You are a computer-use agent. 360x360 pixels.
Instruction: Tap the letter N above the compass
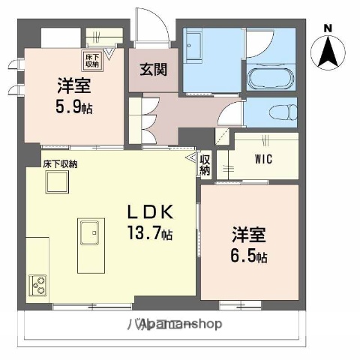tap(327, 28)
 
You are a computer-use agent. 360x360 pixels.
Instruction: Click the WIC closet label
tap(262, 159)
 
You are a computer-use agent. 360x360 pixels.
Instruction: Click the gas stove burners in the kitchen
tap(38, 285)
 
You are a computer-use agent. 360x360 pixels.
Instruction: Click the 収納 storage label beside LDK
tap(205, 165)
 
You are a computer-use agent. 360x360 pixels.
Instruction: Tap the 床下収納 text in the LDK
tap(60, 163)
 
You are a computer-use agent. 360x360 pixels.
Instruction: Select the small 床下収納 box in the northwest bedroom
tap(91, 57)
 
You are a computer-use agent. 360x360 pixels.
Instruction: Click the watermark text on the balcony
tap(173, 324)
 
